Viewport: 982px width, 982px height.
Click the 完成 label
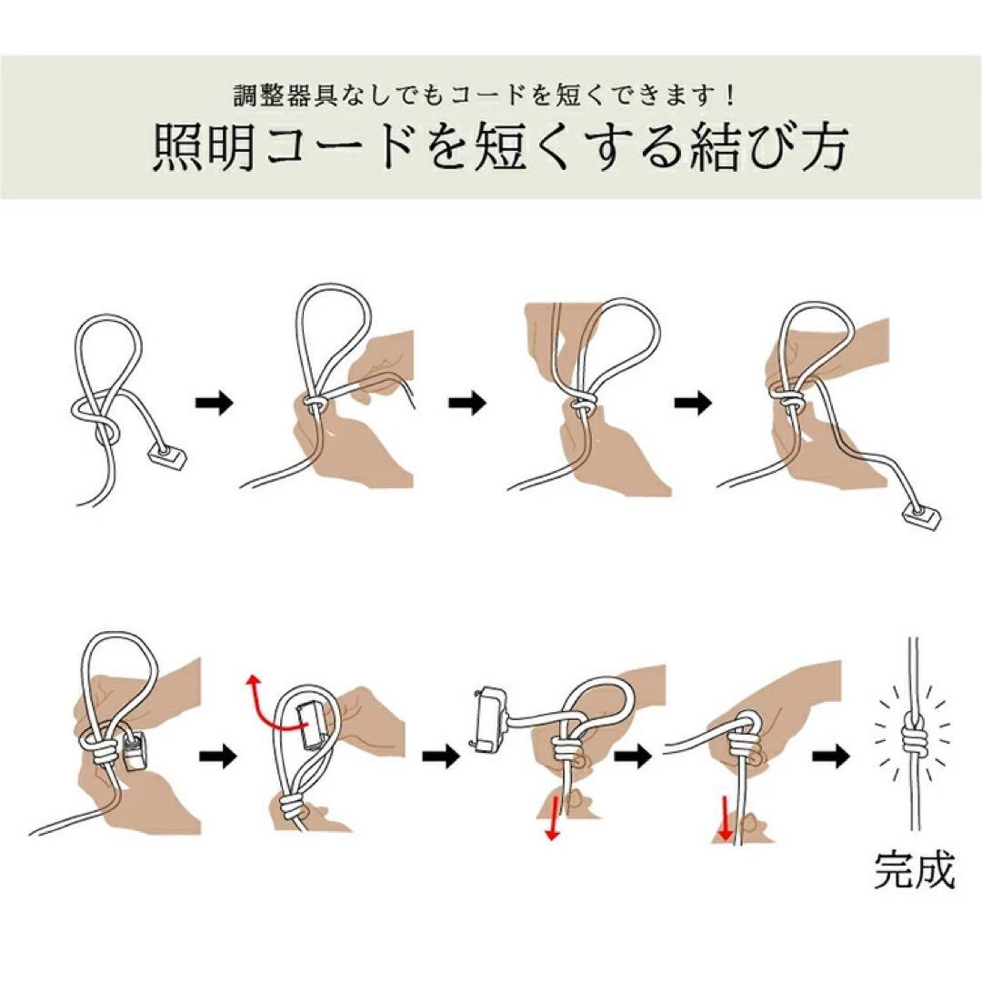point(915,870)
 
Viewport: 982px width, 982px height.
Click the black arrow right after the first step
point(215,403)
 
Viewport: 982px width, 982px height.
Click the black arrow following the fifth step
point(216,755)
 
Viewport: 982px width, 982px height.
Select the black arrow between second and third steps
point(468,403)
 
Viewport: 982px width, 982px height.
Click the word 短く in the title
point(517,147)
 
